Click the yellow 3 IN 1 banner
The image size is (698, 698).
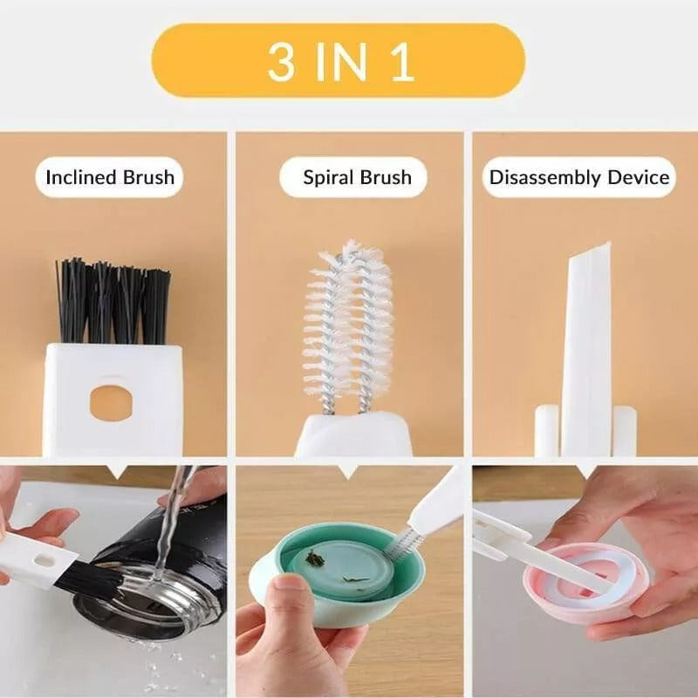(339, 60)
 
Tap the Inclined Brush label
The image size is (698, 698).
(110, 177)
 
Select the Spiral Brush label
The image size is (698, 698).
(357, 177)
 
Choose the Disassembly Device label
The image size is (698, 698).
(579, 177)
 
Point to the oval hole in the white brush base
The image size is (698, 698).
(111, 401)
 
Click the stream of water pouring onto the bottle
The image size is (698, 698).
(170, 523)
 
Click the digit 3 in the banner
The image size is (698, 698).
(281, 60)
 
